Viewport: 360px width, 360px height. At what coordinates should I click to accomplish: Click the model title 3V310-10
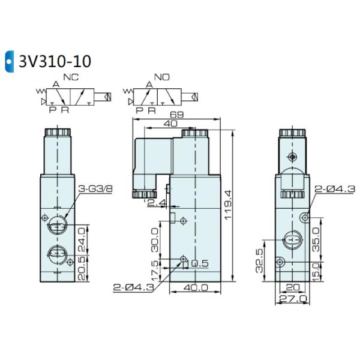53,61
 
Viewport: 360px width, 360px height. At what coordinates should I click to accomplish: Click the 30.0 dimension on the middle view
155,239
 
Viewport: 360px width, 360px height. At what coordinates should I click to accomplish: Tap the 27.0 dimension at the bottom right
294,298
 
